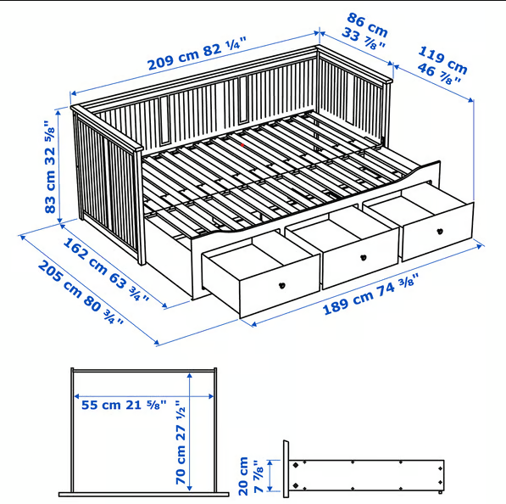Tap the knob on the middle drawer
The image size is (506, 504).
coord(363,257)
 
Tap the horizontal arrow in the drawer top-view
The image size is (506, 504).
coord(136,396)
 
